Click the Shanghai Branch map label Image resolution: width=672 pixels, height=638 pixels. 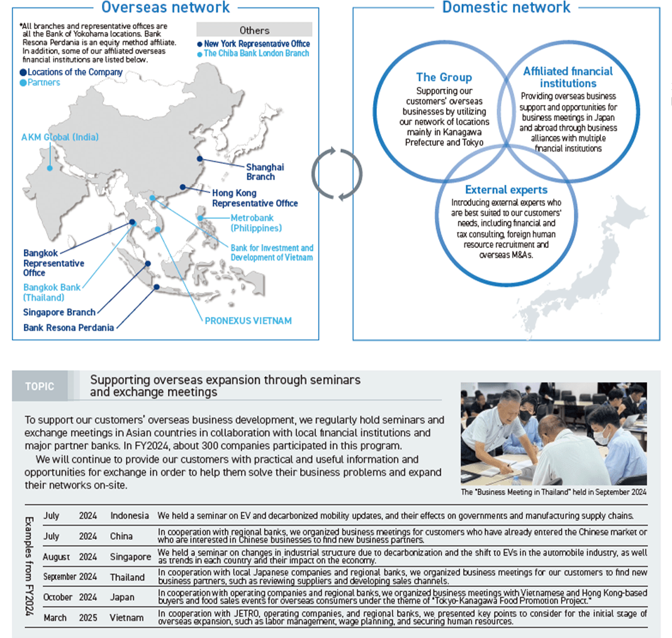pos(264,172)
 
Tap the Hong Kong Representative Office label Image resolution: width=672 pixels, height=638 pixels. pos(255,198)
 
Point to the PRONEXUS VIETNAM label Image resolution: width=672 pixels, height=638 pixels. pos(248,320)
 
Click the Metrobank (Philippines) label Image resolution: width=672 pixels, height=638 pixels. pos(255,223)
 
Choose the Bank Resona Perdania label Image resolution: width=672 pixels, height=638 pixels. pos(69,328)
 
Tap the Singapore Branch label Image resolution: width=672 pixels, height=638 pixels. pos(59,312)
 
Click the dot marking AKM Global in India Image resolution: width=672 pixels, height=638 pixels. pos(50,168)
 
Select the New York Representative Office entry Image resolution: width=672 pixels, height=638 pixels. pos(256,43)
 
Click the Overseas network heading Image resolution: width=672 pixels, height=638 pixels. pos(165,8)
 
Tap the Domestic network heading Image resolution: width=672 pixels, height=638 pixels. pos(506,8)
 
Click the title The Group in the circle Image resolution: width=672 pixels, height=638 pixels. pos(444,77)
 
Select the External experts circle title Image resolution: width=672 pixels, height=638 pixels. pos(506,189)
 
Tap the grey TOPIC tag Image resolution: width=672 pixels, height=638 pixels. pos(40,386)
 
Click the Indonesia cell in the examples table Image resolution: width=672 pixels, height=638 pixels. pos(130,516)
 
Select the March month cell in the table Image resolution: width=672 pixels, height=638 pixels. pos(55,618)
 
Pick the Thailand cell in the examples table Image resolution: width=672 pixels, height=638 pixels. pos(127,577)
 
